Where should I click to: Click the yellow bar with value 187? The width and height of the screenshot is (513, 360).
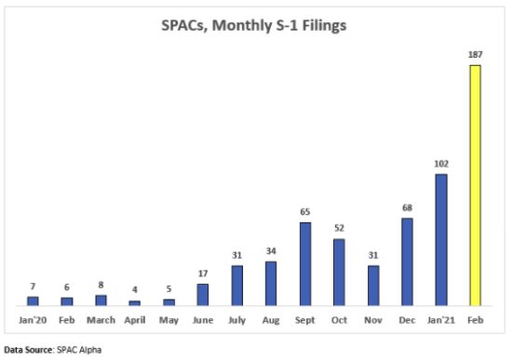pos(475,185)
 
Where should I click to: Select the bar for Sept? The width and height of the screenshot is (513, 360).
pos(305,264)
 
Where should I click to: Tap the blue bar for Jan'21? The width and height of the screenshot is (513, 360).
pos(441,240)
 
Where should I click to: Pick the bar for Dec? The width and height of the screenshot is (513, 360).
pos(407,262)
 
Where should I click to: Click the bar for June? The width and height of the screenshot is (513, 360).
pos(203,295)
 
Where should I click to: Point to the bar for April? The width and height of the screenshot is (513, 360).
pos(135,303)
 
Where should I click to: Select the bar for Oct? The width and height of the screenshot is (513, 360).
pos(339,273)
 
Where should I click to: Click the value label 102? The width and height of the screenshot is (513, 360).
pos(441,164)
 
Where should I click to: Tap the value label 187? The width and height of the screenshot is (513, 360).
pos(475,55)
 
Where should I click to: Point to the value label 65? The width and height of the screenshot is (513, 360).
pos(305,212)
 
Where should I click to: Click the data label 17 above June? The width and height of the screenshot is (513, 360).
pos(203,273)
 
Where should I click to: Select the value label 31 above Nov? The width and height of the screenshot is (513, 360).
pos(373,255)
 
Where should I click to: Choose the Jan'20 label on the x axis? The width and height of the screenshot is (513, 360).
pos(33,320)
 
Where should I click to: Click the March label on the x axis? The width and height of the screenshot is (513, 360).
pos(101,320)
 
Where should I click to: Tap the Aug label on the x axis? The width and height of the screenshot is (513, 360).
pos(271,320)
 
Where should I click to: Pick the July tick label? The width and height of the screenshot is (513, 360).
pos(236,320)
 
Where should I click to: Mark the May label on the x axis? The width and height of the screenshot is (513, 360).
pos(169,320)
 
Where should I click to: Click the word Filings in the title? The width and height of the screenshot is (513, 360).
pos(324,25)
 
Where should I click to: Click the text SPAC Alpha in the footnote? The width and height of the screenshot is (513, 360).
pos(79,350)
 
